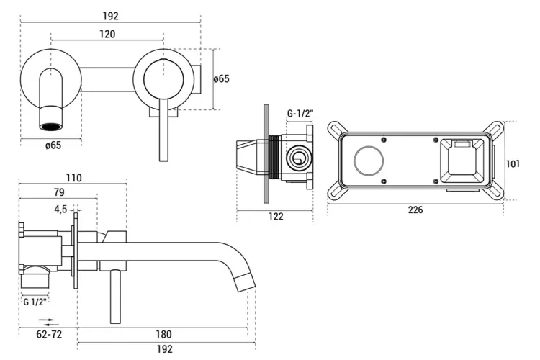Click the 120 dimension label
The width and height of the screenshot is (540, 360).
tap(108, 34)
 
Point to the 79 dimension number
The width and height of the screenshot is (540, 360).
tap(59, 192)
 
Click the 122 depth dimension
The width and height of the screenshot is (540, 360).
tap(275, 215)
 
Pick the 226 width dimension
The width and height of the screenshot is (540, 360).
tap(415, 210)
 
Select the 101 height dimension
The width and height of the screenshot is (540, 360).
tap(513, 163)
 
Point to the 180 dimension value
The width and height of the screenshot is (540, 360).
tap(164, 333)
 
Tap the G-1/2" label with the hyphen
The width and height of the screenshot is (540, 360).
tap(300, 113)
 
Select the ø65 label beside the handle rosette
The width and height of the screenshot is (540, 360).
tap(222, 79)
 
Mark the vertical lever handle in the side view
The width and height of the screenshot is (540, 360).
tap(113, 295)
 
